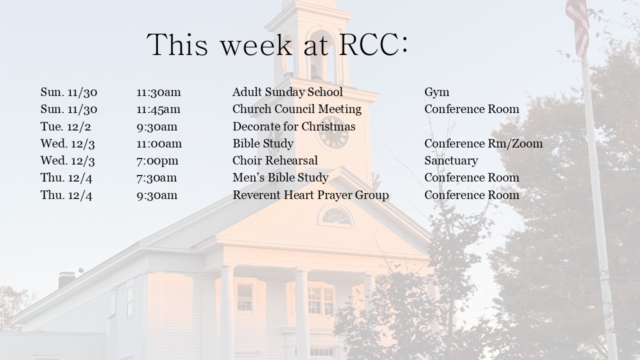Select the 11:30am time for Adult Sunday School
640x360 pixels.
(158, 92)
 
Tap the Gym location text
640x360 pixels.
(436, 92)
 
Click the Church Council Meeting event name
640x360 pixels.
(297, 109)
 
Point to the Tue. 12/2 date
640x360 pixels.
(65, 126)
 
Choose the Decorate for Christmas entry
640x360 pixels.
(294, 126)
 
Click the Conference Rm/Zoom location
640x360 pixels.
(483, 143)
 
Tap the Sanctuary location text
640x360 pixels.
(451, 161)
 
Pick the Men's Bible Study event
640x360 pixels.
(280, 178)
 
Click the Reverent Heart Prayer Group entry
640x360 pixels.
(310, 195)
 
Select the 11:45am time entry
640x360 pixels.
(158, 109)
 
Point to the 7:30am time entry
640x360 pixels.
(156, 178)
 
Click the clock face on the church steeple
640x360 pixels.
(333, 132)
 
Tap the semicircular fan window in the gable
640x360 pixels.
(336, 216)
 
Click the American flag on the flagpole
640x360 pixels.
(577, 25)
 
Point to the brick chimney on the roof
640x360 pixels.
(66, 279)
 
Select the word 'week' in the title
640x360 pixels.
(256, 45)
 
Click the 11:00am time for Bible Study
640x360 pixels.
(159, 143)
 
